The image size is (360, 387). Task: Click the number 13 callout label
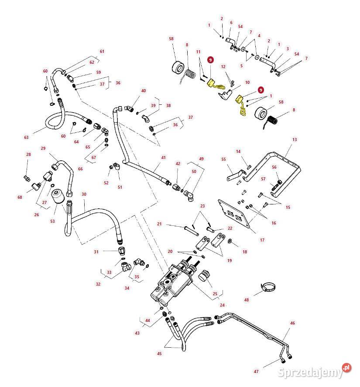(x=295, y=139)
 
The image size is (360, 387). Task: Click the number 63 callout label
(x=26, y=138)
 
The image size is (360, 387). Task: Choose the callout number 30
(x=84, y=194)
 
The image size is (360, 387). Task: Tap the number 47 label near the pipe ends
(x=256, y=371)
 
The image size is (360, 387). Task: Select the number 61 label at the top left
(x=102, y=52)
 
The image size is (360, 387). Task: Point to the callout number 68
(x=20, y=197)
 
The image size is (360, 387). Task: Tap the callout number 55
(x=223, y=159)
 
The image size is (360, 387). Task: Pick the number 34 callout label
(x=127, y=288)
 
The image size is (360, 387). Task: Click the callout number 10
(x=247, y=82)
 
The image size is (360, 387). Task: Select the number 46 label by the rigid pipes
(x=292, y=323)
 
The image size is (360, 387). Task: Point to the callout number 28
(x=28, y=155)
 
